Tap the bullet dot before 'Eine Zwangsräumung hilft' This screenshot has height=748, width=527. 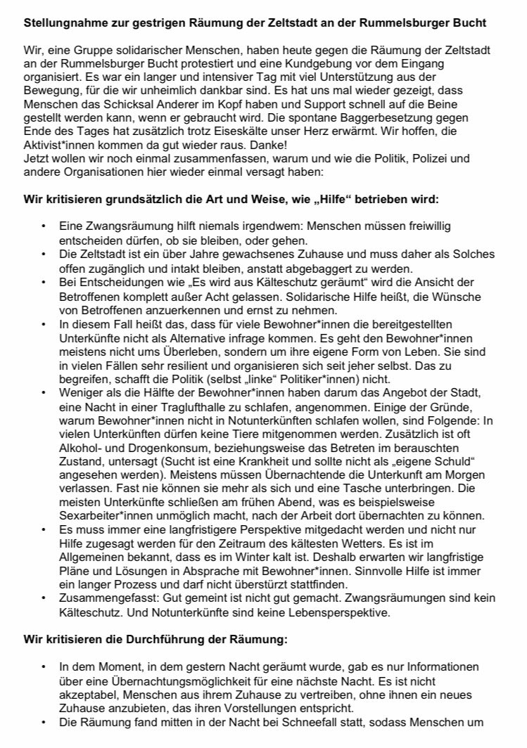click(44, 226)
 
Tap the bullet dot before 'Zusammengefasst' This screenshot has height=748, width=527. click(44, 598)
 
